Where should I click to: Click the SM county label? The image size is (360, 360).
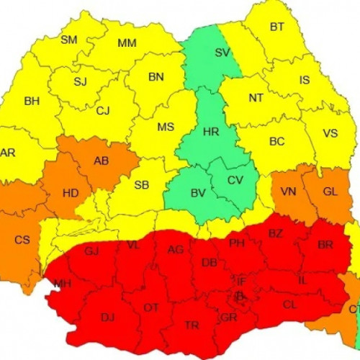69,40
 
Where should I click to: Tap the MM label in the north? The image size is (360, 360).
127,43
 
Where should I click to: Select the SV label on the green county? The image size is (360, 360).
222,53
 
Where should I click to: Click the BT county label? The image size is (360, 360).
277,27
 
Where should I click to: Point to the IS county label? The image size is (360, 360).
305,80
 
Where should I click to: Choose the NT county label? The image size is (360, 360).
256,98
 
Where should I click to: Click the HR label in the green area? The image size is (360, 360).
211,132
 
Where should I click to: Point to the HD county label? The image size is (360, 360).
71,193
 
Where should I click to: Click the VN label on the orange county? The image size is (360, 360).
288,192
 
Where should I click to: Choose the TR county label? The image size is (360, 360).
192,325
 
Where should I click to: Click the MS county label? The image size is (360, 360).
166,127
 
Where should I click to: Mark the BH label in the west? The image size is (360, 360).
32,102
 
